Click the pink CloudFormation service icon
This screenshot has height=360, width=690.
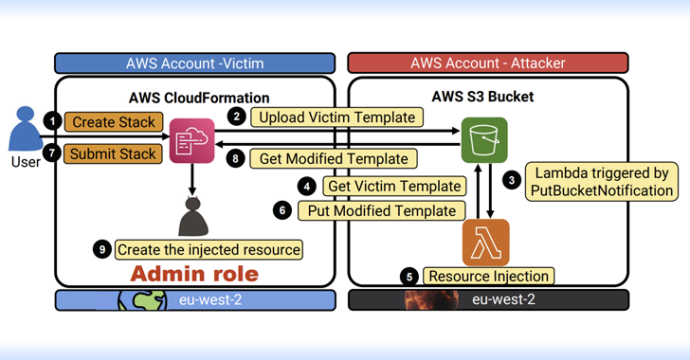pyautogui.click(x=192, y=141)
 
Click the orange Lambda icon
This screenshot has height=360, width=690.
pyautogui.click(x=485, y=242)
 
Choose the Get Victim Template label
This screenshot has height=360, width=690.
pyautogui.click(x=395, y=186)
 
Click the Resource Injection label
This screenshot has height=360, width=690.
pyautogui.click(x=488, y=277)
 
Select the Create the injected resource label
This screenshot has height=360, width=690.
pyautogui.click(x=209, y=250)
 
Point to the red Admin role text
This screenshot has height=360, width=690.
pyautogui.click(x=194, y=275)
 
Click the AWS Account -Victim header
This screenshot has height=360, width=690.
pyautogui.click(x=195, y=63)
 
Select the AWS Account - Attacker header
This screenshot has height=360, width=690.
pyautogui.click(x=488, y=63)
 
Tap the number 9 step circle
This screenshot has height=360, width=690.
pyautogui.click(x=102, y=250)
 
